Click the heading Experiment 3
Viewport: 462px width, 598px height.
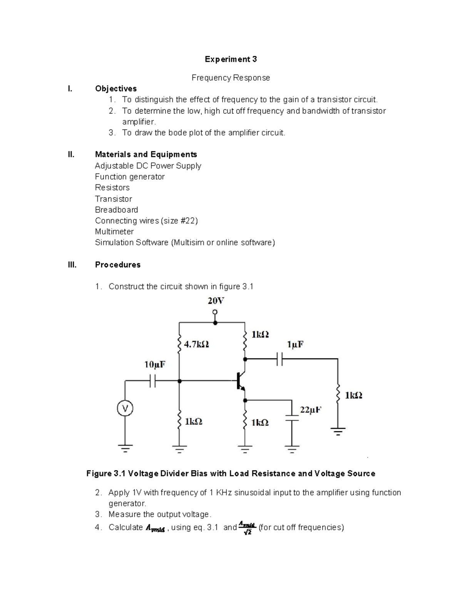pyautogui.click(x=231, y=59)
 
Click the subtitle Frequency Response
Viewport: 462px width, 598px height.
pyautogui.click(x=231, y=78)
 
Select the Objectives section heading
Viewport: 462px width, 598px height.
pyautogui.click(x=116, y=89)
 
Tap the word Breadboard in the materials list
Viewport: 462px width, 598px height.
pyautogui.click(x=116, y=210)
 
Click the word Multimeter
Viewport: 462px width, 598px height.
pyautogui.click(x=114, y=232)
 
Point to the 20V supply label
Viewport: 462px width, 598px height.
pyautogui.click(x=216, y=301)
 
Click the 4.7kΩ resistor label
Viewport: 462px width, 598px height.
pyautogui.click(x=196, y=344)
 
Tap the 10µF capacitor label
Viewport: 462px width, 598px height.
pyautogui.click(x=155, y=364)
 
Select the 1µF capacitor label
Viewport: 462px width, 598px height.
pyautogui.click(x=295, y=344)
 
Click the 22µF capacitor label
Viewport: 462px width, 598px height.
pyautogui.click(x=310, y=410)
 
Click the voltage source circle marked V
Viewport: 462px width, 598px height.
pyautogui.click(x=125, y=408)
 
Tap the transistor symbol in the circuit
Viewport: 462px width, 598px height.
pyautogui.click(x=240, y=381)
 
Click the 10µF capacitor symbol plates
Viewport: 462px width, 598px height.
pyautogui.click(x=153, y=381)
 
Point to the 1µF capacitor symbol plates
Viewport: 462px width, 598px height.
pyautogui.click(x=280, y=359)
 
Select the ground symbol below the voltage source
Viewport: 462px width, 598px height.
pyautogui.click(x=125, y=448)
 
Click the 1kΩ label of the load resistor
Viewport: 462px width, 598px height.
pyautogui.click(x=353, y=395)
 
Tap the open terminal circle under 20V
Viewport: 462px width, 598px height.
pyautogui.click(x=215, y=312)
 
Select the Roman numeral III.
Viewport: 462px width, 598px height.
pyautogui.click(x=72, y=265)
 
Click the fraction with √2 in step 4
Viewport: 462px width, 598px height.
pyautogui.click(x=247, y=528)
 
